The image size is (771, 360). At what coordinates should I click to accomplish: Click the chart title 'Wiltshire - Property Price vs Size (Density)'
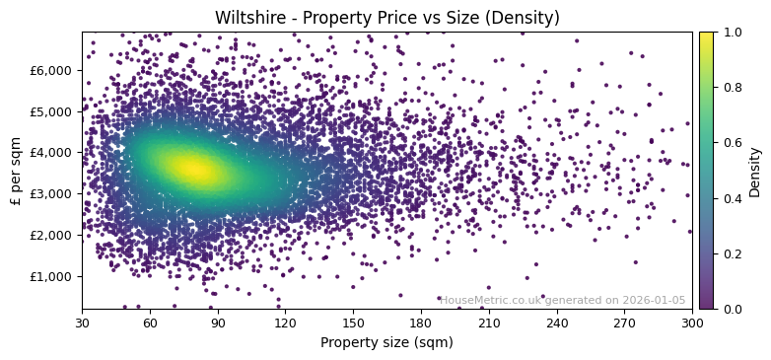click(x=386, y=18)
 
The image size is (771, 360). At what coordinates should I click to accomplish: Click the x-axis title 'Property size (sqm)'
click(x=386, y=343)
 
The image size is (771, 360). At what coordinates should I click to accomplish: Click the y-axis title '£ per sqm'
click(x=16, y=171)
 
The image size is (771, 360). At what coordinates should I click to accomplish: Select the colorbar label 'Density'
click(x=754, y=172)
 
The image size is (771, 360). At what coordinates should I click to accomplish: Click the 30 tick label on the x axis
click(x=82, y=323)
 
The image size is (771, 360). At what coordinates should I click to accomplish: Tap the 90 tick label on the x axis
click(x=217, y=323)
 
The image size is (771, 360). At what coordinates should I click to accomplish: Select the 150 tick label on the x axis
click(x=353, y=323)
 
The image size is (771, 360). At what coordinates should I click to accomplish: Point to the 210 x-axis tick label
click(x=489, y=323)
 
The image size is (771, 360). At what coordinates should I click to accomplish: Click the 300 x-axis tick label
click(x=692, y=323)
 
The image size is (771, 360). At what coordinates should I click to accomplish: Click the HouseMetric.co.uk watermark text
click(x=563, y=301)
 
